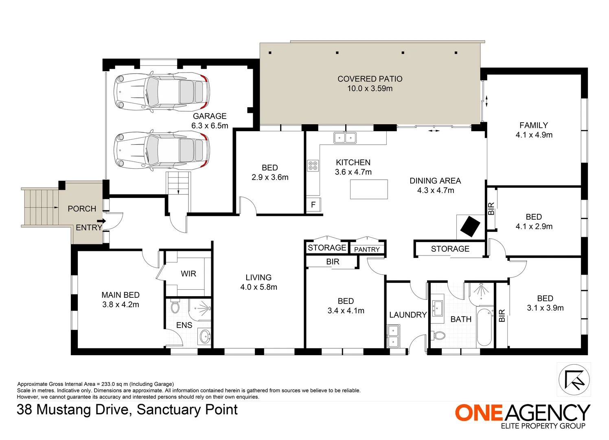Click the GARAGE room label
(x=210, y=116)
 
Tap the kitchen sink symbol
(x=345, y=138)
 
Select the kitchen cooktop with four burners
(x=313, y=165)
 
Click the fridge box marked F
(x=313, y=205)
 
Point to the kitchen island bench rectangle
(x=369, y=189)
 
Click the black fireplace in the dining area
(x=470, y=226)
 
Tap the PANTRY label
(x=367, y=249)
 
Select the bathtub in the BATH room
(x=484, y=328)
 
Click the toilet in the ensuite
(x=175, y=307)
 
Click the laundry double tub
(x=394, y=336)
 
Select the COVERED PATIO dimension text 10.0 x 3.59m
(x=370, y=88)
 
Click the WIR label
(x=188, y=274)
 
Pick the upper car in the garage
(x=162, y=92)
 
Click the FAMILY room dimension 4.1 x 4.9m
(x=534, y=135)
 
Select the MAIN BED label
(x=120, y=295)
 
